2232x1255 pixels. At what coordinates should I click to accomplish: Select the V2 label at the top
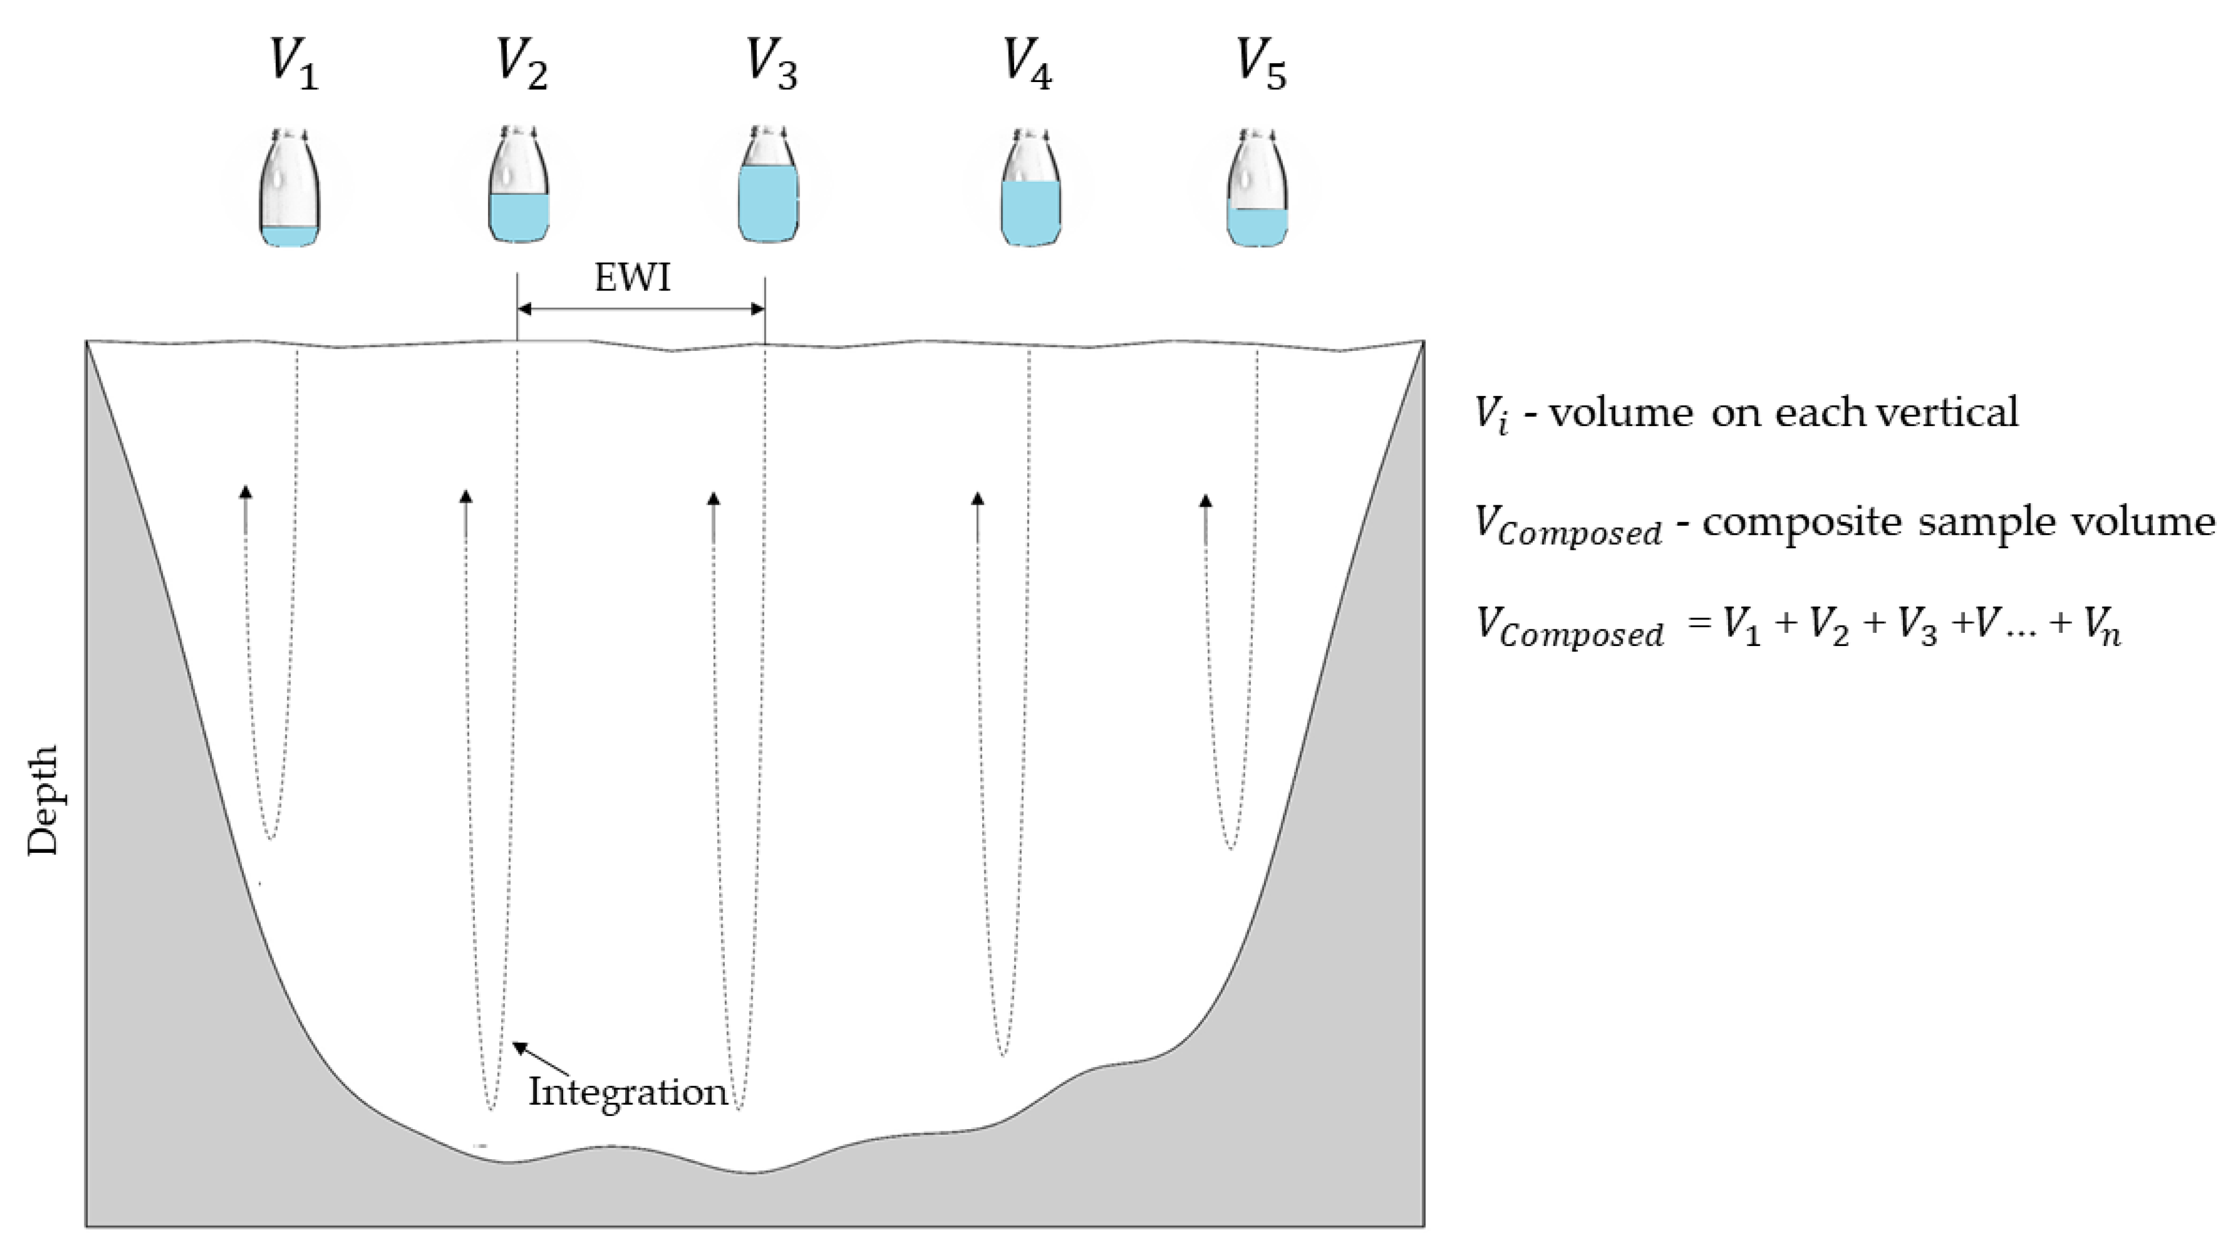(x=522, y=64)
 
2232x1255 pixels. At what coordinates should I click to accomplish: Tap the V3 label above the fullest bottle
(x=771, y=64)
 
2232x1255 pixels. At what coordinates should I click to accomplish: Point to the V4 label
(x=1028, y=64)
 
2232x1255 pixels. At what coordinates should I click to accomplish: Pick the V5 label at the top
(x=1261, y=64)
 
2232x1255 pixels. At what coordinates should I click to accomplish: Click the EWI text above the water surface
(x=633, y=278)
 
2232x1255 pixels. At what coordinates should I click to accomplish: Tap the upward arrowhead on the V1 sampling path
(x=246, y=492)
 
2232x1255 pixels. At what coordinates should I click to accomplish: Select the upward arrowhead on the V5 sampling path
(x=1205, y=500)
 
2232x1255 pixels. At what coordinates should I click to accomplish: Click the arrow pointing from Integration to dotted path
(x=541, y=1059)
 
